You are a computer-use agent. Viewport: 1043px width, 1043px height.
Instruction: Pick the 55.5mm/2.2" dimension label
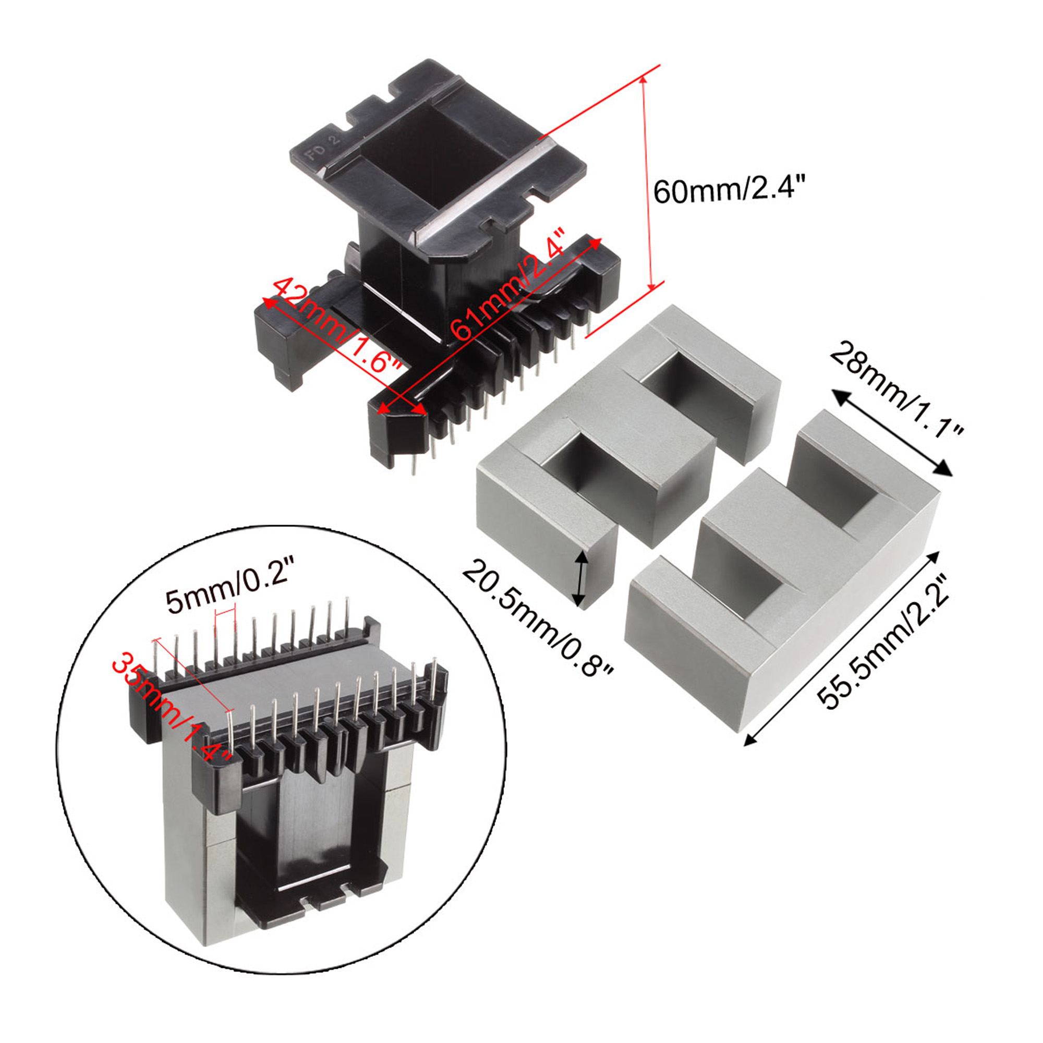tap(882, 642)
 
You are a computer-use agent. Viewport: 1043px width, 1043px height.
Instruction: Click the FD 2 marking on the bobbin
tap(323, 147)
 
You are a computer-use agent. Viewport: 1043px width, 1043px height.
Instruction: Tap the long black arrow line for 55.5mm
tap(842, 648)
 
